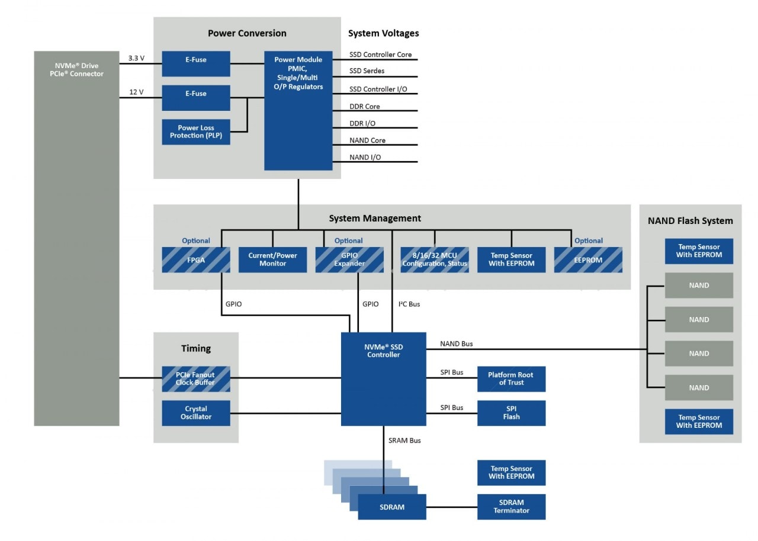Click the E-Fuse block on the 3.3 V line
(x=196, y=63)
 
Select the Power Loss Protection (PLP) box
(x=196, y=132)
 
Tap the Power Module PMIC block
(x=298, y=110)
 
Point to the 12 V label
(x=136, y=92)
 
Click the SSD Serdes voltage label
(x=367, y=71)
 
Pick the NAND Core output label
(x=367, y=140)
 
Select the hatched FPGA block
(x=196, y=260)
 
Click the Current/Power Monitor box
(x=272, y=260)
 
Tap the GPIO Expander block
(x=349, y=260)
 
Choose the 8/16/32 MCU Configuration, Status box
(x=435, y=260)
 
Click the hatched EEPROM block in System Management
(x=588, y=260)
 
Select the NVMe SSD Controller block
(x=383, y=379)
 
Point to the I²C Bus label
(x=409, y=304)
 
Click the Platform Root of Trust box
(x=511, y=379)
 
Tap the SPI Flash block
(x=511, y=413)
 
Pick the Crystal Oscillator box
(x=196, y=413)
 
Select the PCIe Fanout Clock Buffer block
(x=196, y=379)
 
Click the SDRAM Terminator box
(x=511, y=507)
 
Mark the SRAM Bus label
(x=404, y=440)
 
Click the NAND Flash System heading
(x=690, y=221)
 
